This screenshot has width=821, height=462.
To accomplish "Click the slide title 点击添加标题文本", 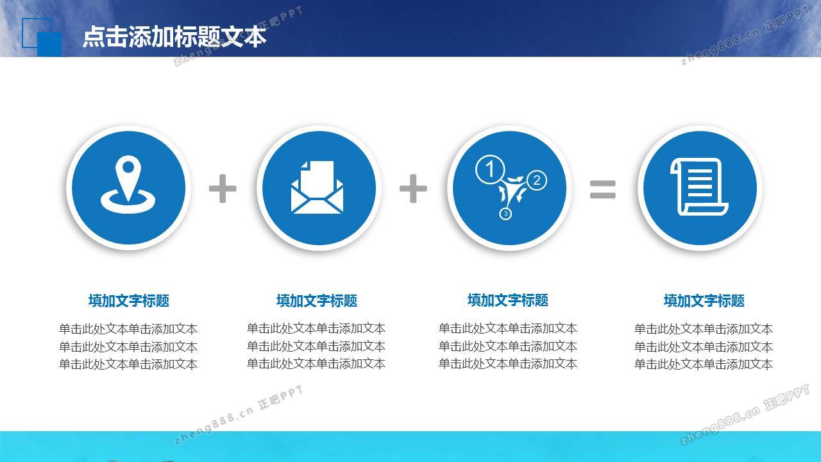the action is tap(174, 37).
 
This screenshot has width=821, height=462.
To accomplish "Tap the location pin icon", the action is tap(128, 184).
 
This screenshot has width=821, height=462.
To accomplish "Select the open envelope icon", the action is tap(317, 187).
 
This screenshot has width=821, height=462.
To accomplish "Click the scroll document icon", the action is tap(699, 186).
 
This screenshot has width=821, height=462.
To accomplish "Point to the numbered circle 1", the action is tap(490, 169).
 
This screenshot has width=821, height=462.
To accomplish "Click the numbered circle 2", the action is tap(537, 180).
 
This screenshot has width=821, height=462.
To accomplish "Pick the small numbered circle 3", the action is tap(505, 214).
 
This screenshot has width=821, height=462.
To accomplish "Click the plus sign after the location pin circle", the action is tap(223, 189).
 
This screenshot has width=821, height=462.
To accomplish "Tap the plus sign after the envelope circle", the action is tap(413, 189).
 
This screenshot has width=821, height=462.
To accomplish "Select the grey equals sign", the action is tap(602, 189).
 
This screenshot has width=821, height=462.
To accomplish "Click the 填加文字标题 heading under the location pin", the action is tap(129, 301).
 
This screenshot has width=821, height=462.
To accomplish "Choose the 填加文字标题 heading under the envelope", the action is tap(317, 301).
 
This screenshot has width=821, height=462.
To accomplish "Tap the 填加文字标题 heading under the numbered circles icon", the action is tap(507, 300).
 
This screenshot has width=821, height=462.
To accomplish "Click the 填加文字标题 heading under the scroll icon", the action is tap(704, 301).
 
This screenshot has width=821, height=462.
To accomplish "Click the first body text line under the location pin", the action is tap(128, 329).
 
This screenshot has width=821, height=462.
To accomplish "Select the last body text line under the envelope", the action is tap(316, 364).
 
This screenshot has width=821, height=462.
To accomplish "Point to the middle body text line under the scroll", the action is tap(704, 346).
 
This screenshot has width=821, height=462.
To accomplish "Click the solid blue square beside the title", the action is tap(49, 44).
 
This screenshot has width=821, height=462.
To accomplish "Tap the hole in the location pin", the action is tap(128, 167).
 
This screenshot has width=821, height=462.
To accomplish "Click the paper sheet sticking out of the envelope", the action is tap(317, 176).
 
